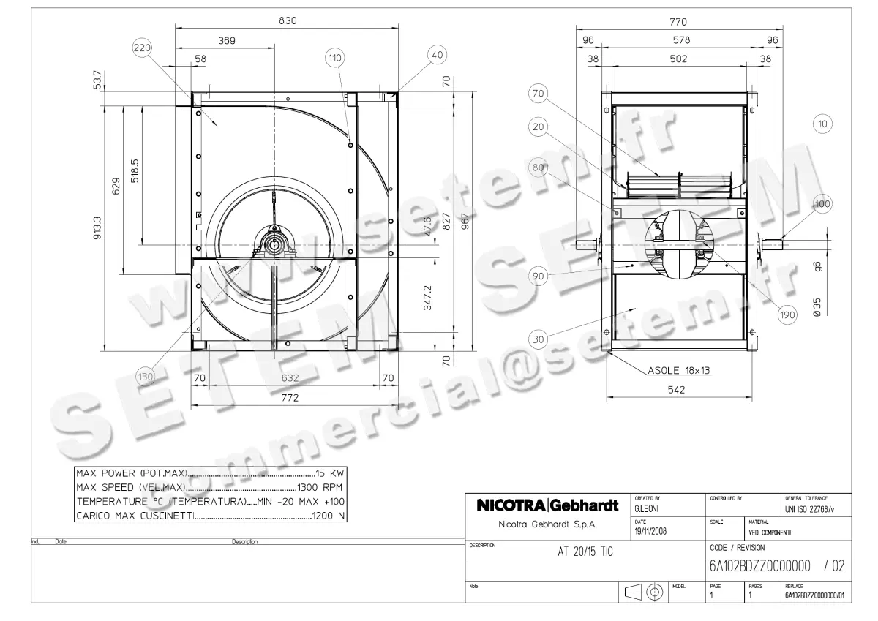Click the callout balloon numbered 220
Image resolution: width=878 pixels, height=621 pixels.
141,49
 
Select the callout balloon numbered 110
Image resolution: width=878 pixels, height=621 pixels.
335,58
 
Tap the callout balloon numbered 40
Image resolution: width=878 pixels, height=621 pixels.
437,54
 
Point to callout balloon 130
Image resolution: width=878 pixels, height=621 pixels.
146,377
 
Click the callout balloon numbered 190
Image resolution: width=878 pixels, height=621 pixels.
787,315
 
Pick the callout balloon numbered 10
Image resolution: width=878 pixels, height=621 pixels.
823,124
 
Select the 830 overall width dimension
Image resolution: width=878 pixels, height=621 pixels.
288,21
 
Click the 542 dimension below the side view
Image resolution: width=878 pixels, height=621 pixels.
678,391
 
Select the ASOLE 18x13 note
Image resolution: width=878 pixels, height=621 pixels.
679,371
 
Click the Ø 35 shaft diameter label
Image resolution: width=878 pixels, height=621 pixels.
817,306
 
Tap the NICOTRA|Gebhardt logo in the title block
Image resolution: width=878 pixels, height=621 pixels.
547,505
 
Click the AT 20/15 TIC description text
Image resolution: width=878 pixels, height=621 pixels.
581,552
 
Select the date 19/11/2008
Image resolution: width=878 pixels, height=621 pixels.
650,531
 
